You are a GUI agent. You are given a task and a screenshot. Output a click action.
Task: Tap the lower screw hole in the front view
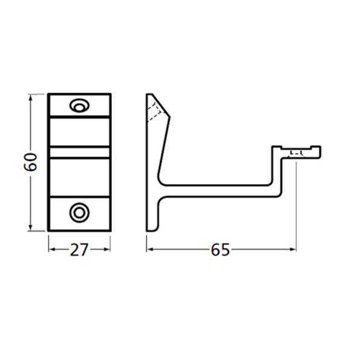click(x=79, y=212)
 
